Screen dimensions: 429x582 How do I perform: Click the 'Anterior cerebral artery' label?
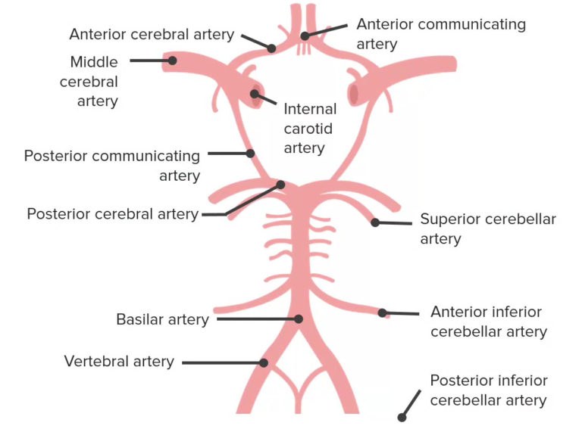(152, 34)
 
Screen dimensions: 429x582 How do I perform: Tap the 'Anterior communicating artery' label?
(440, 34)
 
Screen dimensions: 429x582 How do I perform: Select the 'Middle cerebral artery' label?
(89, 82)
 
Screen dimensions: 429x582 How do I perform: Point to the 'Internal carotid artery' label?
(310, 129)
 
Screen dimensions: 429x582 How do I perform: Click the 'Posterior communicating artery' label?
(112, 166)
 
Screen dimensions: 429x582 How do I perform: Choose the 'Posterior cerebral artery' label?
(112, 214)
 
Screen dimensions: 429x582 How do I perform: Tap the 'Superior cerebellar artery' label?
(488, 228)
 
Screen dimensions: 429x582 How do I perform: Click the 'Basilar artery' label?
(162, 319)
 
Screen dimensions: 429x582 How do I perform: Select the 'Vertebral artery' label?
(119, 362)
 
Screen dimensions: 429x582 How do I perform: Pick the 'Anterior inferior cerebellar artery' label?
(488, 322)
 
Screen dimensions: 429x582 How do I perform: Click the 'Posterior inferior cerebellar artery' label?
(488, 390)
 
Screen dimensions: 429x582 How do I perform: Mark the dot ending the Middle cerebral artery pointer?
(172, 60)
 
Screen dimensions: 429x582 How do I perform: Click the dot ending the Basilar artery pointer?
(299, 319)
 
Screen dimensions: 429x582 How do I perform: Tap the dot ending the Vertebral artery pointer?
(264, 362)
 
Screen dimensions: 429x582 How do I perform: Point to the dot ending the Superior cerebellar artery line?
(374, 222)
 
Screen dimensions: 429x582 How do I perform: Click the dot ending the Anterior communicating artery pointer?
(305, 36)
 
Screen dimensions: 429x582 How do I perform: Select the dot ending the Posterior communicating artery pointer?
(250, 154)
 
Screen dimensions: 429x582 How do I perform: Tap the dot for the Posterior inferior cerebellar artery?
(402, 417)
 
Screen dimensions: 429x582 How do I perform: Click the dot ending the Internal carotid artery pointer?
(256, 95)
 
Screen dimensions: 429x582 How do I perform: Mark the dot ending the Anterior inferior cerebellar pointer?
(383, 312)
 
